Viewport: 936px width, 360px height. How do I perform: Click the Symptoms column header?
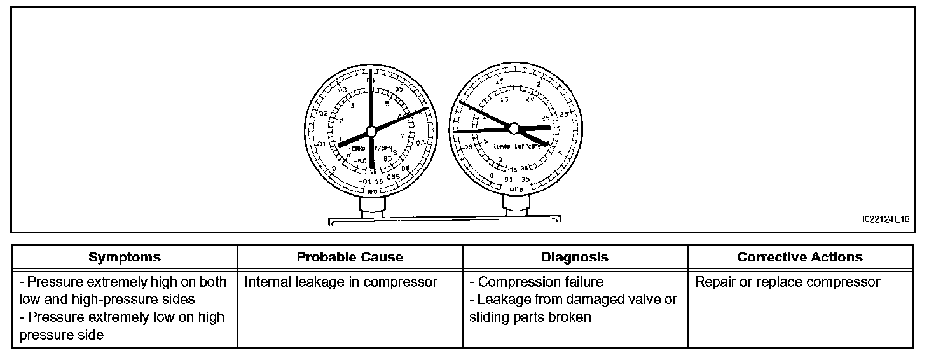[x=125, y=258]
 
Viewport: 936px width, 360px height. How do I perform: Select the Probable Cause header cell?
[x=350, y=258]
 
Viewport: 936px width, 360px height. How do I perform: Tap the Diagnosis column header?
[x=574, y=258]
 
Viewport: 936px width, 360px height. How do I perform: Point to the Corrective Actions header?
[x=800, y=258]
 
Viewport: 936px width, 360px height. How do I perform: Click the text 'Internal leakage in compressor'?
[x=341, y=282]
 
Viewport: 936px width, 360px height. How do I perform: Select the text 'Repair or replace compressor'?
[x=787, y=282]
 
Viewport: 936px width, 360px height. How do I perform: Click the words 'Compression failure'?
[x=540, y=282]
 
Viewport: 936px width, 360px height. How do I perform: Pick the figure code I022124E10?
[x=886, y=220]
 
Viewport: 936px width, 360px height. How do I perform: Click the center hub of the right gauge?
[x=514, y=128]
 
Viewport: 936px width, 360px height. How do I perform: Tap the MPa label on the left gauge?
[x=372, y=191]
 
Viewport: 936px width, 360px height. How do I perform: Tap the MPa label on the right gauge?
[x=515, y=189]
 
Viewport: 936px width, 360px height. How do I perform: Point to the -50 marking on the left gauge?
[x=358, y=162]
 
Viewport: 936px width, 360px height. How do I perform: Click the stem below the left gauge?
[x=372, y=207]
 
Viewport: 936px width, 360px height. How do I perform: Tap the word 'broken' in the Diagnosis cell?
[x=570, y=317]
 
